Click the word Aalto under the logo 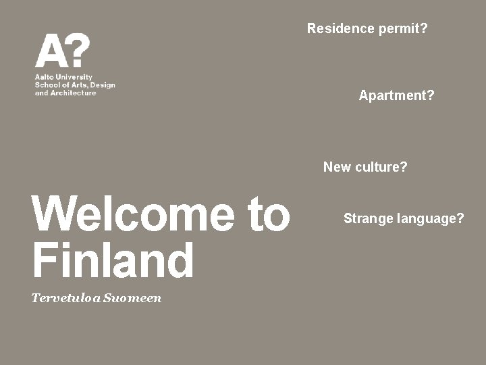click(x=45, y=77)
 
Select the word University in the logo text click(x=76, y=77)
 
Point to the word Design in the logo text click(x=102, y=85)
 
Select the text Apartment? click(x=396, y=95)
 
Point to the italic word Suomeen click(x=132, y=298)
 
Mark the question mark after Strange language click(x=460, y=218)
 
